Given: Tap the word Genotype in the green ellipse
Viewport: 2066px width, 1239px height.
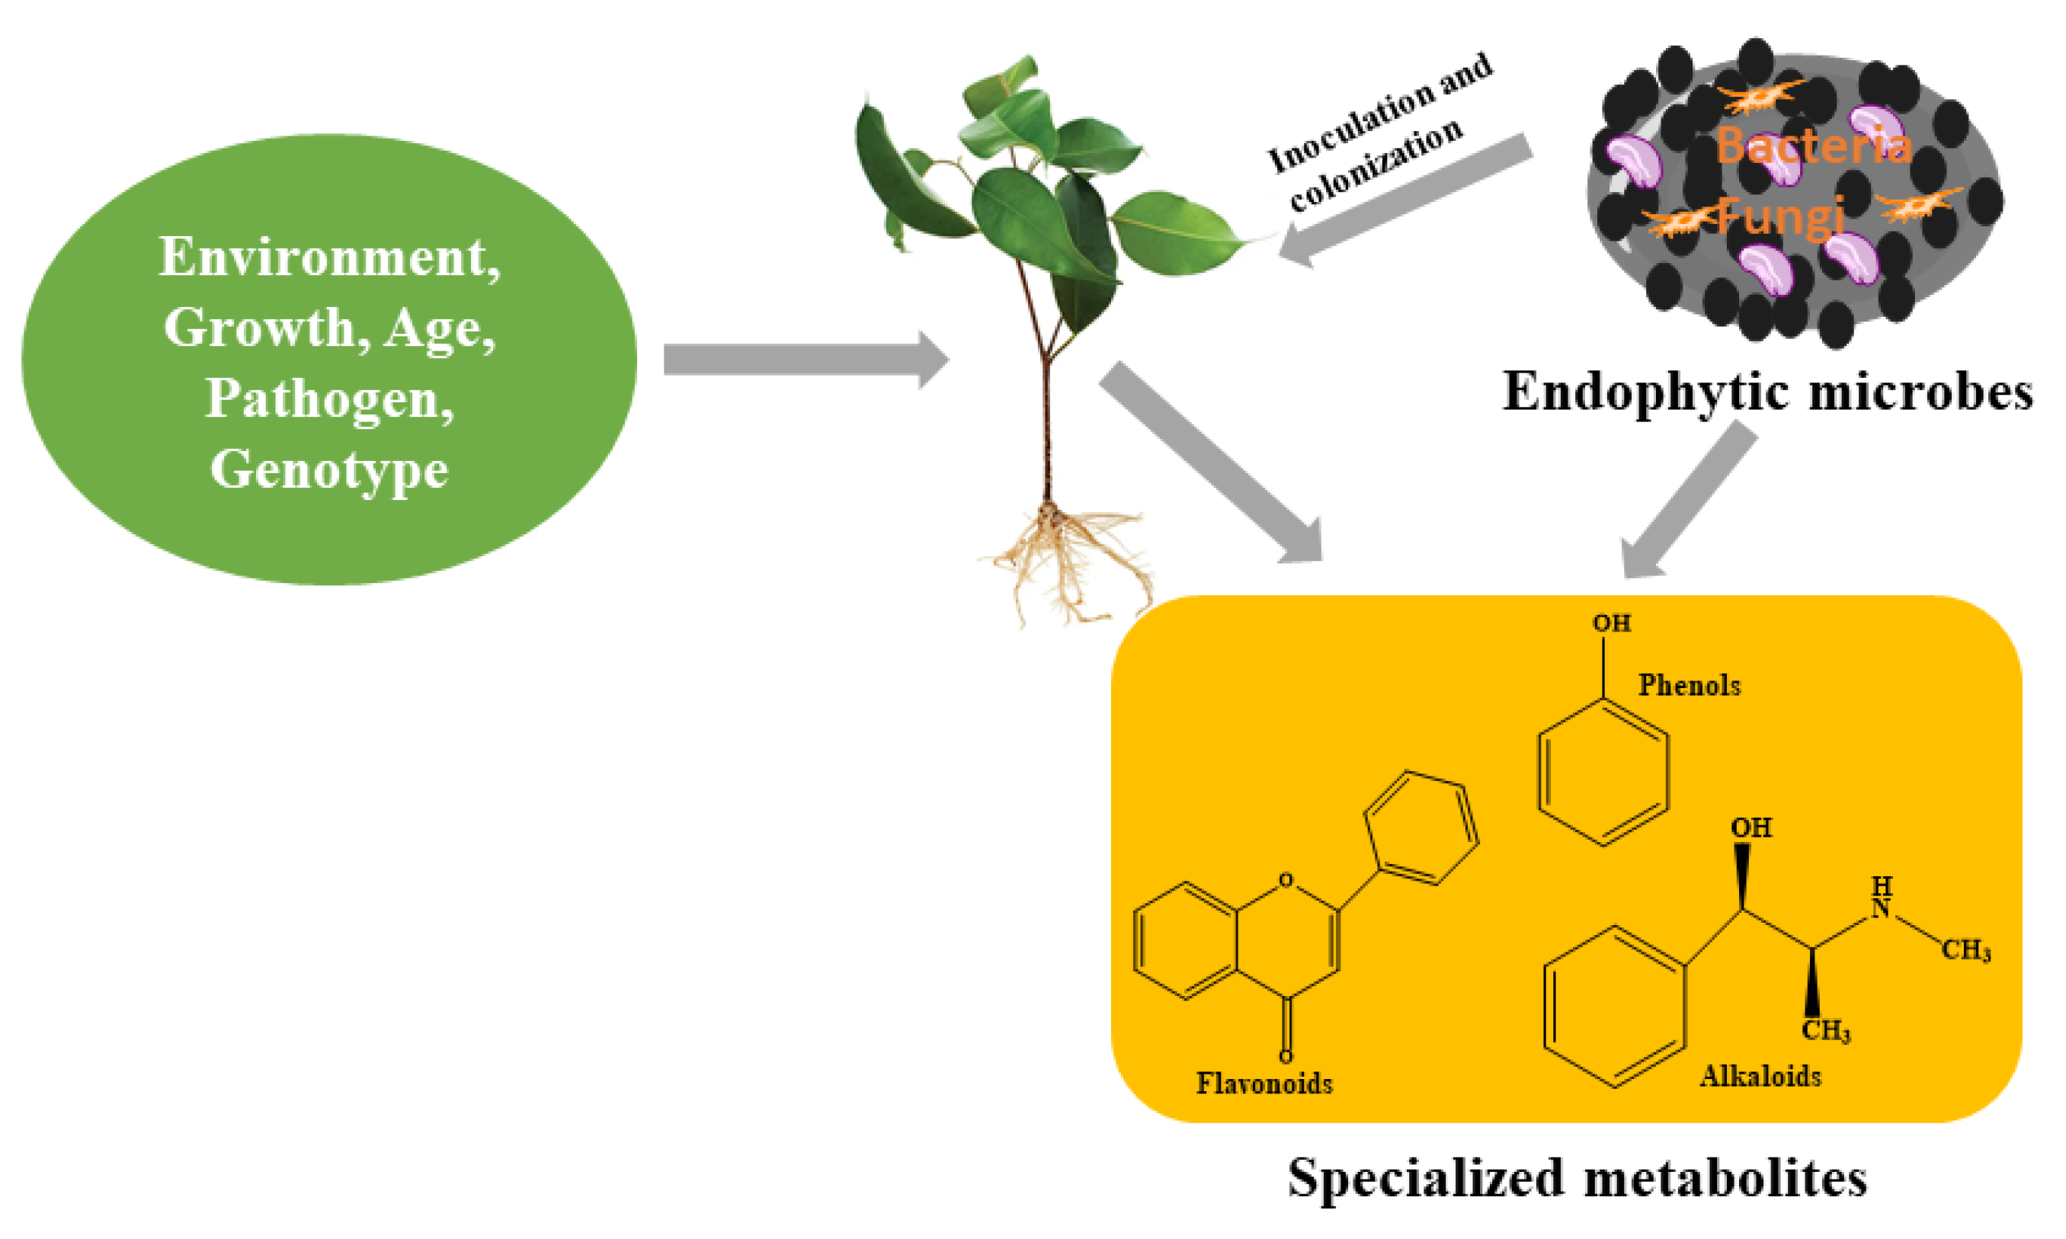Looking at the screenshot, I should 329,470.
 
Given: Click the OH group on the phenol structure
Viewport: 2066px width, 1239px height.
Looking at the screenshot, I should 1611,623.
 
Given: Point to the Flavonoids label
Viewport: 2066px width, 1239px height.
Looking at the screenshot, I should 1264,1084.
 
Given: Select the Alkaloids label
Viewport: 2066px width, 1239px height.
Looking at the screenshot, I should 1760,1076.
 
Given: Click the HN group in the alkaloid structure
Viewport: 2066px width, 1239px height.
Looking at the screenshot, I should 1881,898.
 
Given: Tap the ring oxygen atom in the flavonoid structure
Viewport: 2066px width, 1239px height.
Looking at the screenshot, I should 1286,879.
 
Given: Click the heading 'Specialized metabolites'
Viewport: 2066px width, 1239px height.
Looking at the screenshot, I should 1577,1178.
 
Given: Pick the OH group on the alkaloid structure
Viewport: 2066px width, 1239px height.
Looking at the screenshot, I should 1750,828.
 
